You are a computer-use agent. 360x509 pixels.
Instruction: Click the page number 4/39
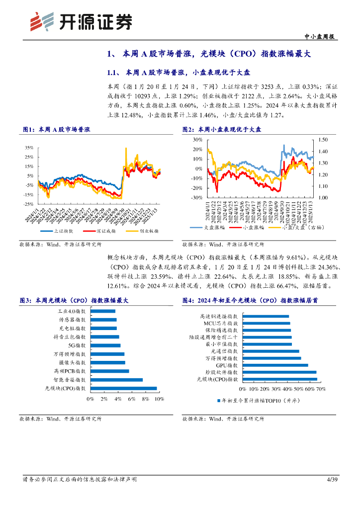(x=332, y=479)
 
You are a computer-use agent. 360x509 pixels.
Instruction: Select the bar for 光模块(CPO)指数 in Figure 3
(x=123, y=389)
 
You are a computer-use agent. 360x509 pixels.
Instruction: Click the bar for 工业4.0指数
(x=102, y=311)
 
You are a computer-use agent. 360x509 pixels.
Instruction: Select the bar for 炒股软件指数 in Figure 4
(x=278, y=372)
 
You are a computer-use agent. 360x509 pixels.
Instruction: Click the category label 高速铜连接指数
(x=218, y=316)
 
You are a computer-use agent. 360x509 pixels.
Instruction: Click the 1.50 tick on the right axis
(x=324, y=140)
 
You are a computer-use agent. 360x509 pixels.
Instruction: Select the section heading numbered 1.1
(x=160, y=72)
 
